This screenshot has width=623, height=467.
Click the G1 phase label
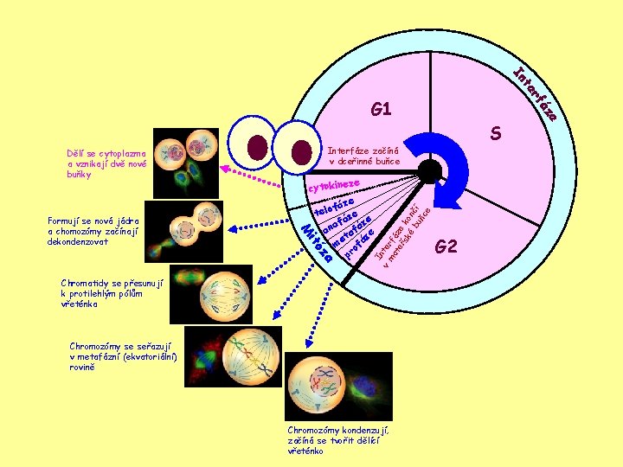[x=381, y=110]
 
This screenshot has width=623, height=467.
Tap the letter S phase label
[x=497, y=134]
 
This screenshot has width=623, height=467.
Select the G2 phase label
[x=446, y=247]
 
